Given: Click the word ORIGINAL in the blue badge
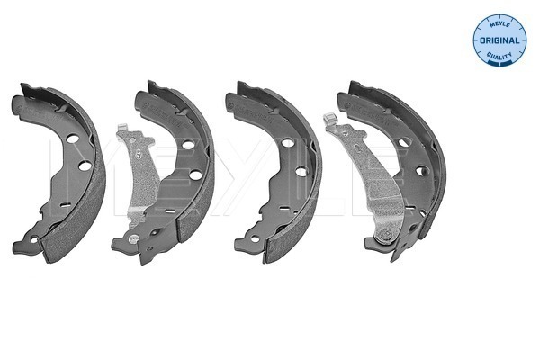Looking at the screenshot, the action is [x=499, y=40].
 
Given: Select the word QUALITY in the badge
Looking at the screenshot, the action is [x=499, y=56].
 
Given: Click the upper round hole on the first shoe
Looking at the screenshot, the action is [x=73, y=139].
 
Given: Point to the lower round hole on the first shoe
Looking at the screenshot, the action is [x=85, y=166].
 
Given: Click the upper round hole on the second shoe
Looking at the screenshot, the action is [x=188, y=145].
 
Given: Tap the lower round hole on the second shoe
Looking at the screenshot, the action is [x=195, y=175].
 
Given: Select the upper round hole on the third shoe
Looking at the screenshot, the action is [x=288, y=142].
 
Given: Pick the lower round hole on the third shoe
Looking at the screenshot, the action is [x=301, y=172].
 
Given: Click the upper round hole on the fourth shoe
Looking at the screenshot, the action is [x=404, y=141].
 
